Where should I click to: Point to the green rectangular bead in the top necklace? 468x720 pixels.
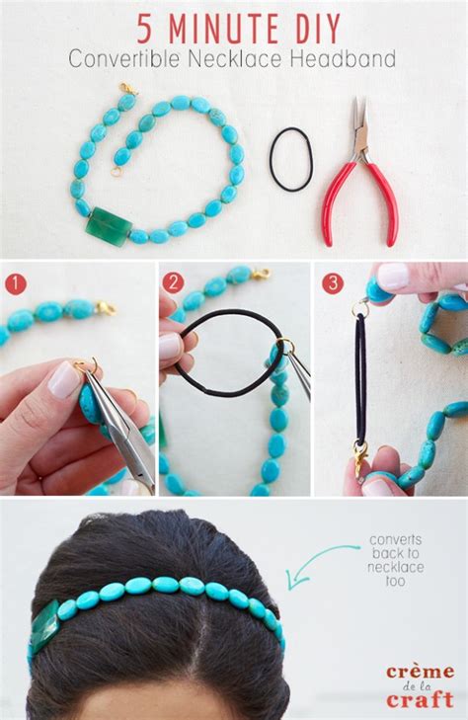(x=110, y=226)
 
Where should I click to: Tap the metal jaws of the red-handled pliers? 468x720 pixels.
(x=359, y=126)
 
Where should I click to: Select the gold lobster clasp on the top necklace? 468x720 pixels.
(x=129, y=89)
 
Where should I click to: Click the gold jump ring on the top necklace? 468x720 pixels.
(x=116, y=172)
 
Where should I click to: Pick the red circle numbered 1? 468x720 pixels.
(x=16, y=282)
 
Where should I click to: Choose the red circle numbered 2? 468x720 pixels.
(x=173, y=282)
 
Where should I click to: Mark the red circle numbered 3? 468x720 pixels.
(x=332, y=282)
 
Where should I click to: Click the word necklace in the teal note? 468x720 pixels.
(x=396, y=567)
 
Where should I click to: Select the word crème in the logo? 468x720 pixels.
(x=421, y=673)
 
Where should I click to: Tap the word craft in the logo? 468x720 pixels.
(x=420, y=700)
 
